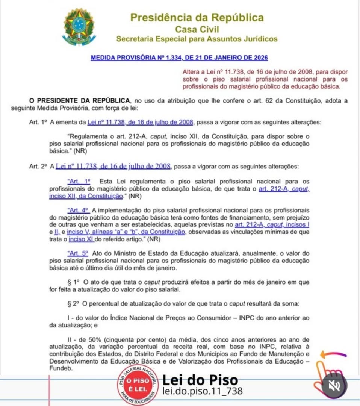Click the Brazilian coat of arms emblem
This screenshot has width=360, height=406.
79,27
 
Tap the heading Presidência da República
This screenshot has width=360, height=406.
197,18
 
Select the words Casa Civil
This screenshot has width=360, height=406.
197,29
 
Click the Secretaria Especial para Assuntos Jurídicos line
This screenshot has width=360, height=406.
197,39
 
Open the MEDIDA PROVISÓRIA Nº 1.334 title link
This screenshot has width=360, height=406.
179,58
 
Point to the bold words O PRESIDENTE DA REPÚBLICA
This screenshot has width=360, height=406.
80,100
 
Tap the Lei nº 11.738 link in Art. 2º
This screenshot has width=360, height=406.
113,166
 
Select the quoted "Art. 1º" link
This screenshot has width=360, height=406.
79,181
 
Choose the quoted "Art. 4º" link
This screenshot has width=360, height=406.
78,210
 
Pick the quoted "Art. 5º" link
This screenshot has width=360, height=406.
78,254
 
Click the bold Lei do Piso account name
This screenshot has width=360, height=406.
200,380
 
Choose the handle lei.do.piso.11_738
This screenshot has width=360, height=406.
203,391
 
